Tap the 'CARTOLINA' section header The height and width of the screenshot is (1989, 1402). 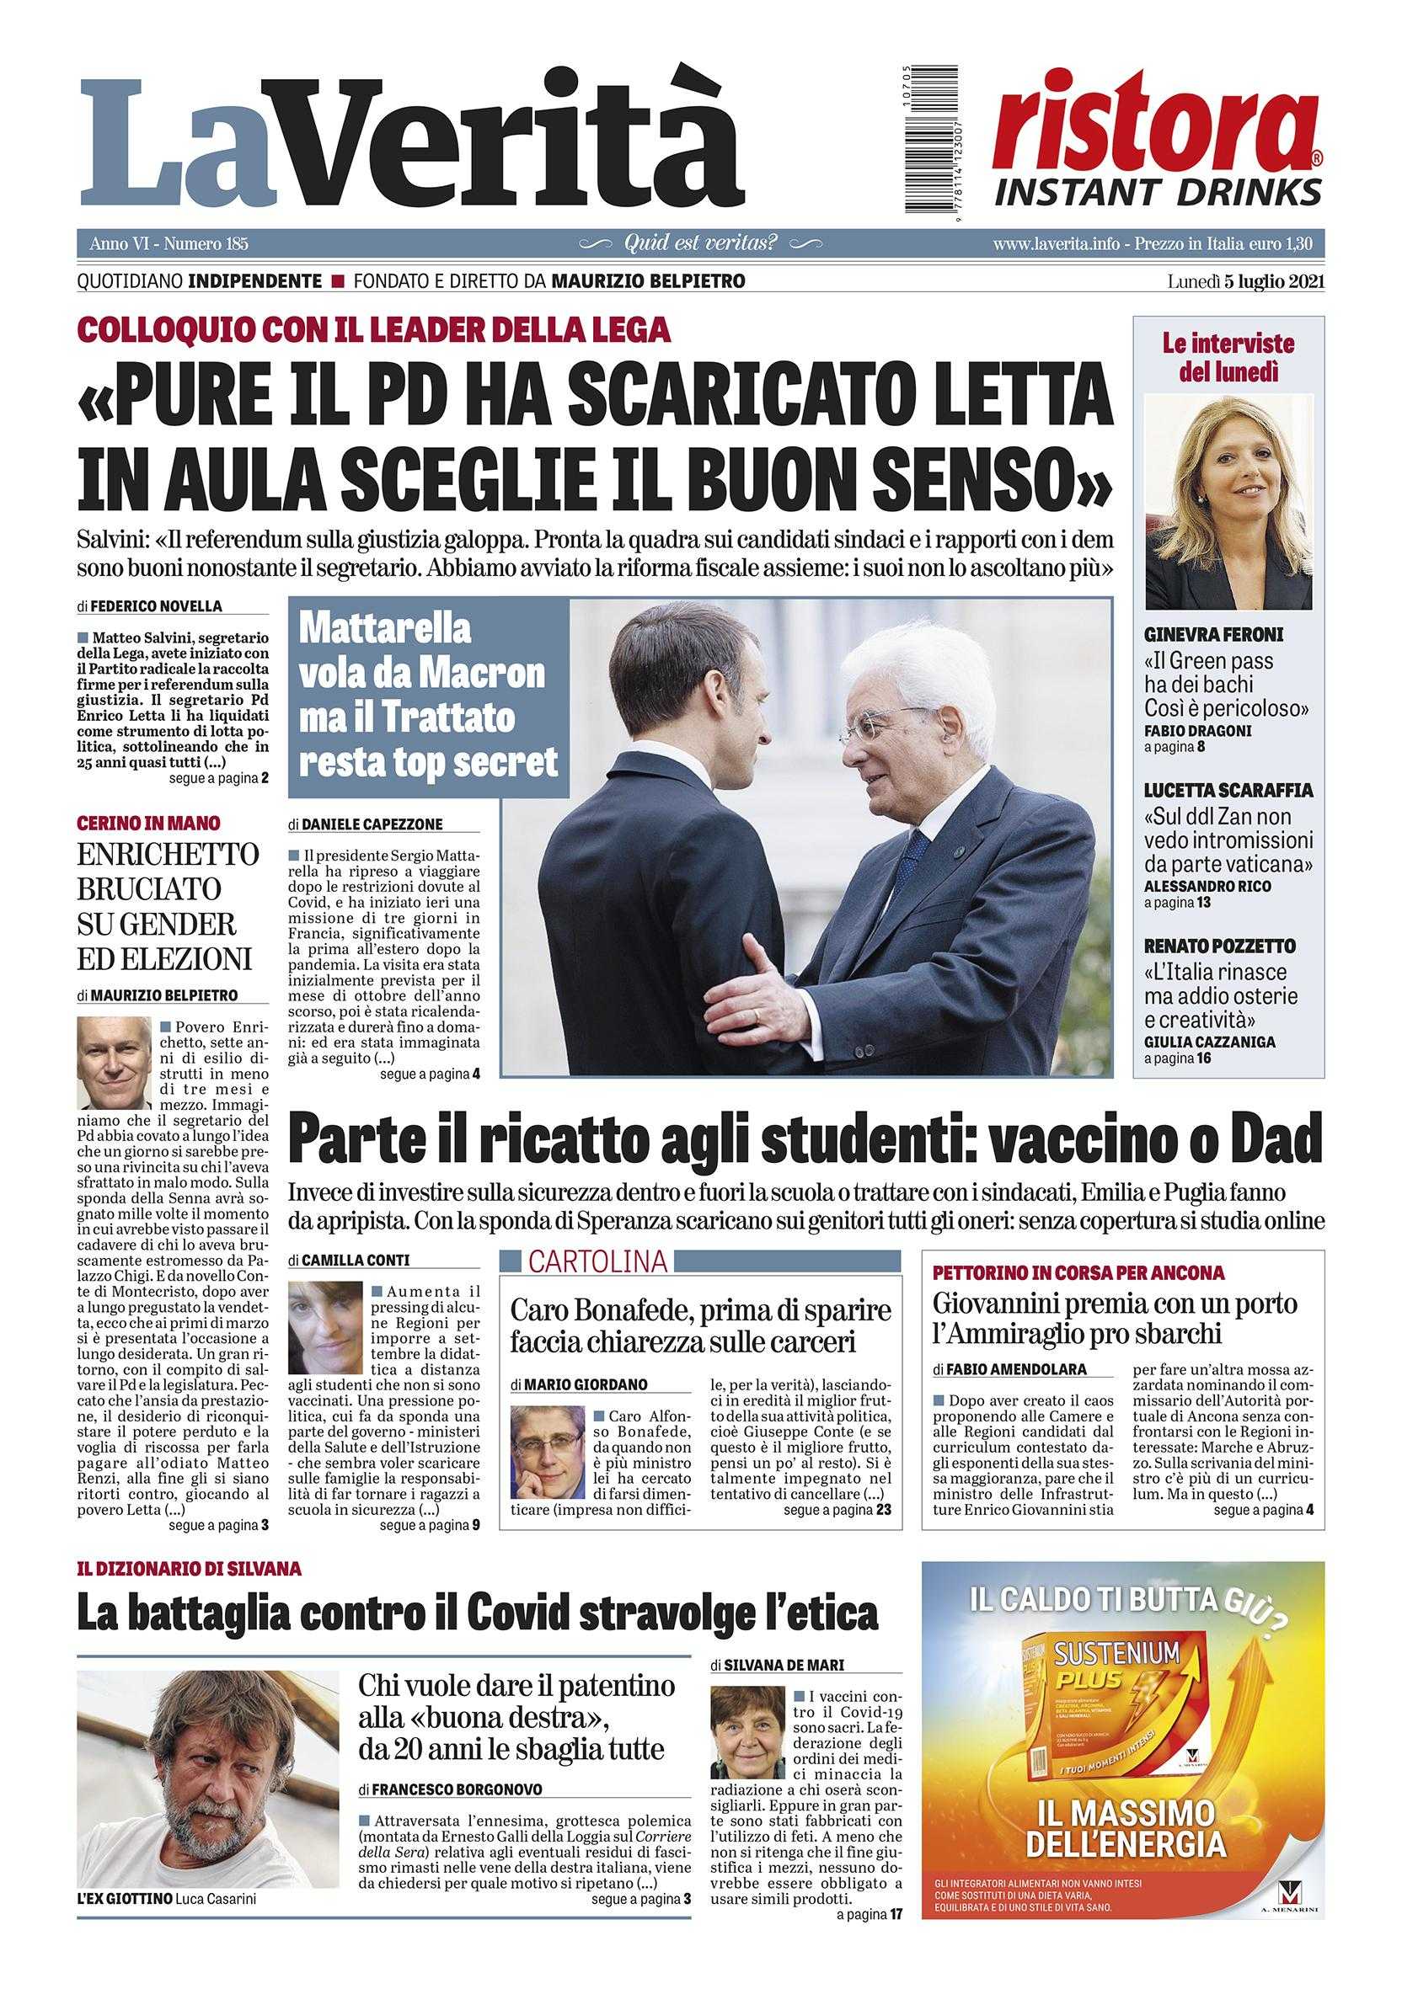tap(598, 1262)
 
